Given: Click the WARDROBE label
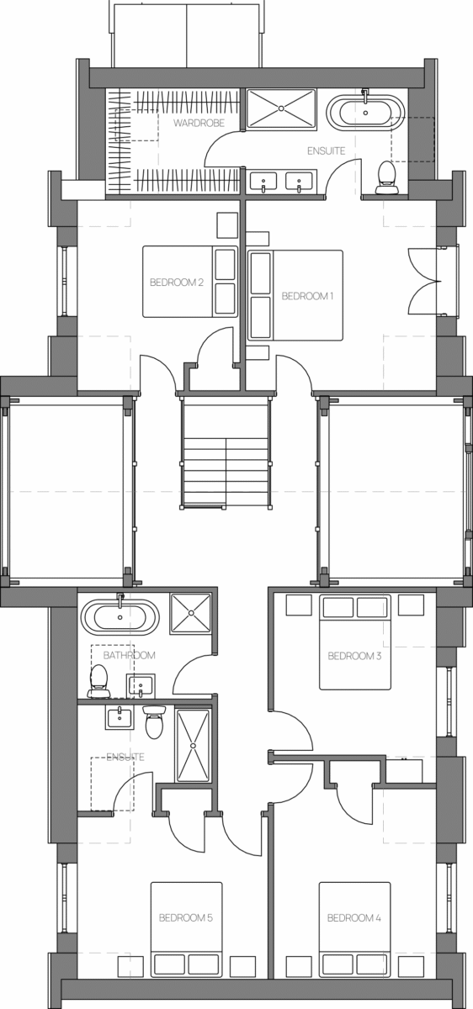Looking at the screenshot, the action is [199, 123].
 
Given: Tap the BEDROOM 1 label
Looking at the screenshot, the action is [307, 296].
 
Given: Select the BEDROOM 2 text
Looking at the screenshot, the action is [176, 283].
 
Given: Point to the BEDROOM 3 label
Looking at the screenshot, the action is [354, 656].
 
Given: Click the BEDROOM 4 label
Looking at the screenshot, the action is [354, 917].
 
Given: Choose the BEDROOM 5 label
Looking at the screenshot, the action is [186, 917].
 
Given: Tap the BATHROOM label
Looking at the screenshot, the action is [130, 655].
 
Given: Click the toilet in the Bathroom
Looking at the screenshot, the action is [99, 680].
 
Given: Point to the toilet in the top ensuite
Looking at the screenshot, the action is [387, 177].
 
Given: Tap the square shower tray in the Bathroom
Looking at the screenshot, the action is [191, 614].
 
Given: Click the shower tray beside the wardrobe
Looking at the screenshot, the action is [281, 108].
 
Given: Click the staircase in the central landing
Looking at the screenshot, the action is [226, 452].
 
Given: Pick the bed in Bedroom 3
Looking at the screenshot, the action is [355, 642].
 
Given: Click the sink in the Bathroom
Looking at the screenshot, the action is [141, 685].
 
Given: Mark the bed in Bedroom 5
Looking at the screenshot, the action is [186, 930].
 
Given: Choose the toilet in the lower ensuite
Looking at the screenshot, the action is [154, 722].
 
